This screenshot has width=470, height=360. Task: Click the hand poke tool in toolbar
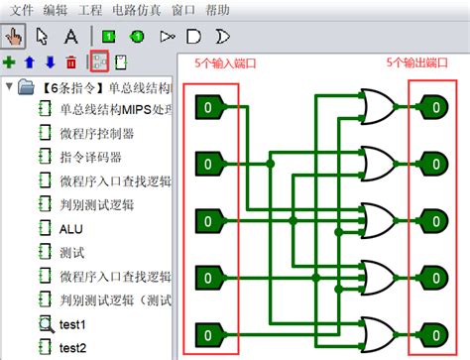pos(15,36)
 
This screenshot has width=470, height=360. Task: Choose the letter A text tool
pos(71,37)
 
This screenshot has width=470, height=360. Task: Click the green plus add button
pos(10,62)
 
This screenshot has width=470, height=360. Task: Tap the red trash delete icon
pos(70,62)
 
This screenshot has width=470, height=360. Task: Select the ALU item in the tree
pos(70,228)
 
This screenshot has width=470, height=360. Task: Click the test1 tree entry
pos(72,323)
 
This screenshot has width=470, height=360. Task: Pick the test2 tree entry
pos(72,347)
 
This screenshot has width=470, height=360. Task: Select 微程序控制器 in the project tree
pos(96,133)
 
